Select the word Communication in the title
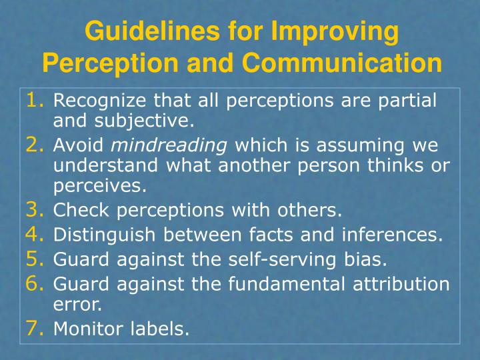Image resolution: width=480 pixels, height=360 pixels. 341,63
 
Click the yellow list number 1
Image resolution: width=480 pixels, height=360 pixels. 35,101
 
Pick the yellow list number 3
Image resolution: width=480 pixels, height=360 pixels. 35,211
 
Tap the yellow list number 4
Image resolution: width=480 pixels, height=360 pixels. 35,234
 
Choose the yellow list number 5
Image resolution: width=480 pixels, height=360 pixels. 35,258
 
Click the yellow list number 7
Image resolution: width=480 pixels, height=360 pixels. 35,328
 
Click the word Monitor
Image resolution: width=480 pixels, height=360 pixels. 82,329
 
